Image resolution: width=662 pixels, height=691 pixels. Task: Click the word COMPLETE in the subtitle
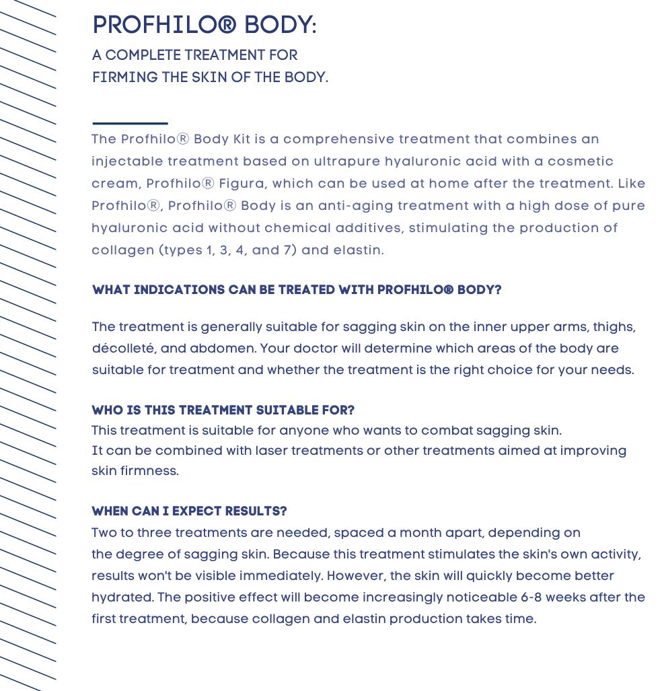143,56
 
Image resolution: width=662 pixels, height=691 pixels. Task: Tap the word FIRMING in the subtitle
124,78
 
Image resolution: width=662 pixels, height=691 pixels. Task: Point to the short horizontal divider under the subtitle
130,123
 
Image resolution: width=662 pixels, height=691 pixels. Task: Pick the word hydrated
122,598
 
